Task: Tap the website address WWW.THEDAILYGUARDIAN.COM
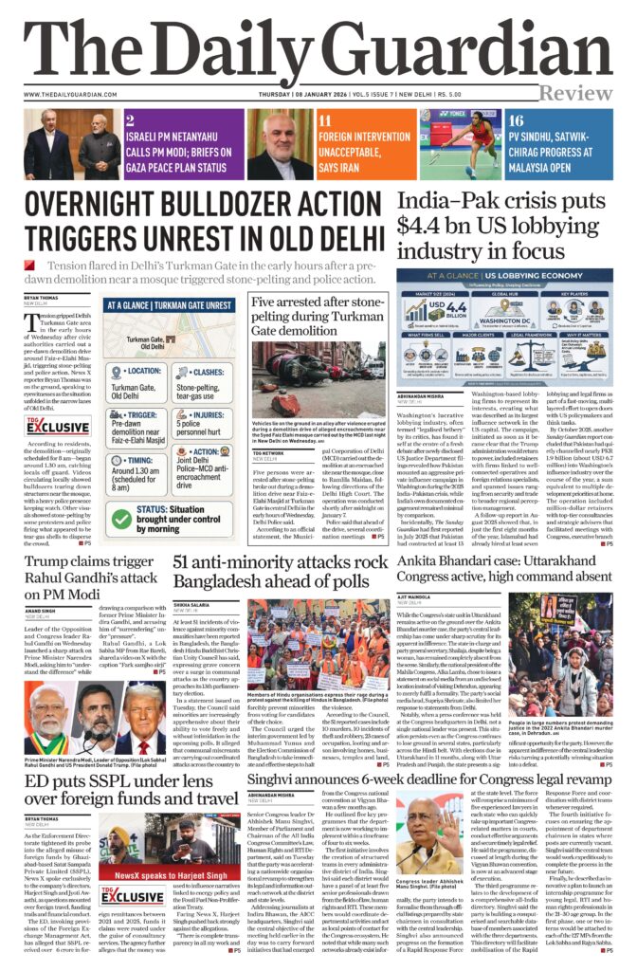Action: pos(86,94)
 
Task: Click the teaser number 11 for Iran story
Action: pos(324,121)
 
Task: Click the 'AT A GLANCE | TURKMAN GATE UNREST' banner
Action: pos(172,306)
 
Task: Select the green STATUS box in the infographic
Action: pos(172,517)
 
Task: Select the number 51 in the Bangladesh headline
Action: pos(185,563)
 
